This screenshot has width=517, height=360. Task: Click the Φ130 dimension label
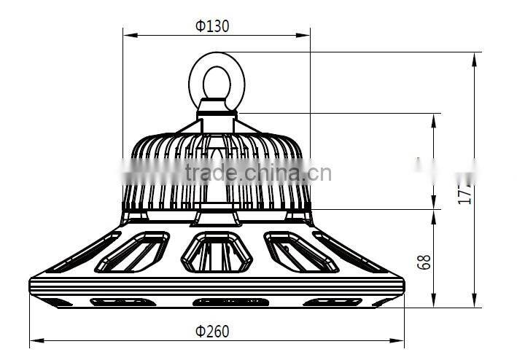click(x=211, y=26)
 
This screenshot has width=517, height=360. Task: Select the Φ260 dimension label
click(x=211, y=332)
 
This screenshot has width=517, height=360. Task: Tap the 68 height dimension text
click(x=425, y=262)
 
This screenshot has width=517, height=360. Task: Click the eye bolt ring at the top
click(x=217, y=77)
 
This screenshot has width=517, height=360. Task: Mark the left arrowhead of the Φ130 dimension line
click(x=127, y=34)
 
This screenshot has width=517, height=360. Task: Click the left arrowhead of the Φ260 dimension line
click(x=34, y=340)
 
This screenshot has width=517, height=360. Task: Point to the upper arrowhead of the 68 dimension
click(x=435, y=214)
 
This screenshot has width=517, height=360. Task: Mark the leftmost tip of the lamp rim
click(x=30, y=281)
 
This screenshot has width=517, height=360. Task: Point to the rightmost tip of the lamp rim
click(x=403, y=281)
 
